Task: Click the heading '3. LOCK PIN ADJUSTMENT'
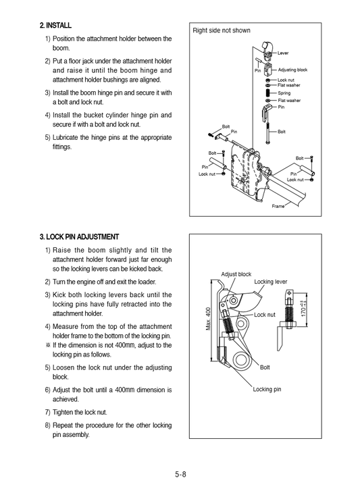tap(80, 236)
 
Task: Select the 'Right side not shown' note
tap(221, 30)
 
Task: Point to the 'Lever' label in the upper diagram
tap(283, 53)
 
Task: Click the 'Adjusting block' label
tap(292, 70)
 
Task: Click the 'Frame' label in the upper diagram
tap(278, 205)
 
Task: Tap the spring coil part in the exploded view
tap(269, 93)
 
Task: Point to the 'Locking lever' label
tap(270, 281)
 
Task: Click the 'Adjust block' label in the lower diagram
tap(236, 274)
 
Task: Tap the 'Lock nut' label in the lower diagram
tap(265, 315)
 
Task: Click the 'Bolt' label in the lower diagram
tap(265, 367)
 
